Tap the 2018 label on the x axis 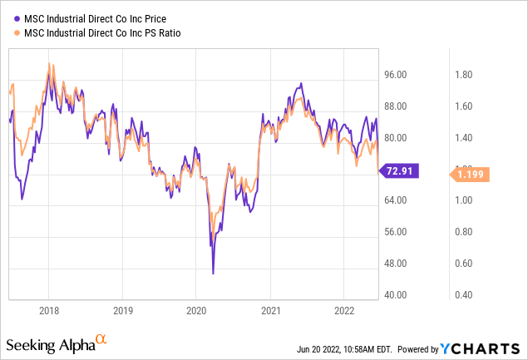[x=48, y=309]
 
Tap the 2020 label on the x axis [x=195, y=309]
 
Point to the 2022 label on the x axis [x=343, y=309]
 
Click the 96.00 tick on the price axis [x=397, y=75]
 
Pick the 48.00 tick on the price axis [x=397, y=264]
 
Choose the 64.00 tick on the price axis [x=397, y=200]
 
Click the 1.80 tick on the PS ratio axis [x=464, y=75]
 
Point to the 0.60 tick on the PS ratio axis [x=464, y=264]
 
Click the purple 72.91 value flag [x=401, y=171]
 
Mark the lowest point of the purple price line [x=213, y=273]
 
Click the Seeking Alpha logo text [x=49, y=343]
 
